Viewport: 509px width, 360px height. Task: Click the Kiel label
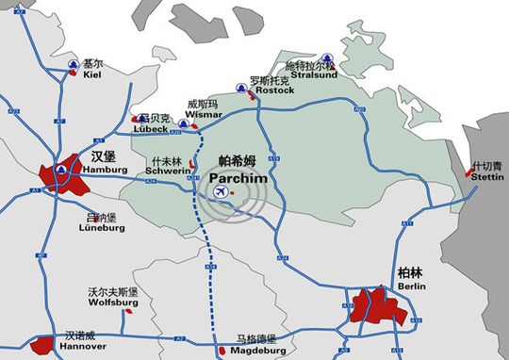[x=91, y=76]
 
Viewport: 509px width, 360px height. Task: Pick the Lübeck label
[x=151, y=129]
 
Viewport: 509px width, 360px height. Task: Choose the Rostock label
[x=274, y=90]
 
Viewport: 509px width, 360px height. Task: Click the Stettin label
[x=487, y=175]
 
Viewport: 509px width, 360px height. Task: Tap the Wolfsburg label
[x=113, y=303]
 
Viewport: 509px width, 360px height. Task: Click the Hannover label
[x=82, y=346]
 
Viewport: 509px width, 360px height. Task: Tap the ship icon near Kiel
[x=73, y=64]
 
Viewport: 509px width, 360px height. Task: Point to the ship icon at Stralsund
[x=325, y=56]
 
